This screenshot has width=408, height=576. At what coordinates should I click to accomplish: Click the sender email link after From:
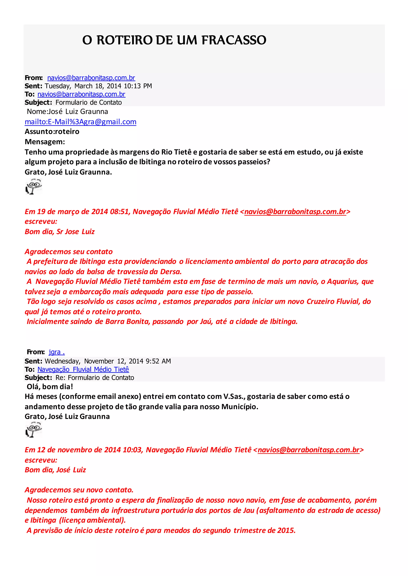[x=91, y=78]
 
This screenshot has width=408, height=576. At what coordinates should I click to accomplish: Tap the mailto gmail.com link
[x=80, y=122]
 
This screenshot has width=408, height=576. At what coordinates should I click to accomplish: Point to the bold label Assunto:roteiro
[x=52, y=132]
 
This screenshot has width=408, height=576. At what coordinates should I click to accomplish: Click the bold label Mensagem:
[x=45, y=142]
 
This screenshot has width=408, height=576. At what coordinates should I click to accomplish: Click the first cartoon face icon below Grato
[x=34, y=186]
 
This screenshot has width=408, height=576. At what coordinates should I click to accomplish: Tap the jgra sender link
[x=57, y=352]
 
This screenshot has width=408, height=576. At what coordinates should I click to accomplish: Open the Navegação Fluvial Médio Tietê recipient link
[x=83, y=369]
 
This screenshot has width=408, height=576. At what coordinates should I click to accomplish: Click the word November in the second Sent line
[x=99, y=361]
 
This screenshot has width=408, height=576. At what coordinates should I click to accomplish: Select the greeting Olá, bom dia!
[x=50, y=387]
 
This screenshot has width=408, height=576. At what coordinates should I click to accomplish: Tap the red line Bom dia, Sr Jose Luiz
[x=60, y=232]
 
